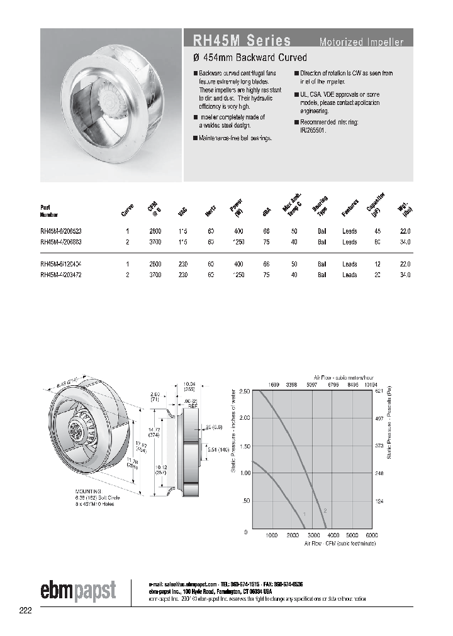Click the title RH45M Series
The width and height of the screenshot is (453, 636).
(x=237, y=41)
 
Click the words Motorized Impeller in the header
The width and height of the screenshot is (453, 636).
(x=361, y=43)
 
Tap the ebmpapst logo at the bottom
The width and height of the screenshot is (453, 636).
(x=79, y=591)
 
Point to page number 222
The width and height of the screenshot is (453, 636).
(x=25, y=610)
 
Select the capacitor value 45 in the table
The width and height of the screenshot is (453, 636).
(x=377, y=231)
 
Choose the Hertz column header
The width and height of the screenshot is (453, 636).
(x=210, y=211)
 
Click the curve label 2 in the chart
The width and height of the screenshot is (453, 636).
(x=325, y=511)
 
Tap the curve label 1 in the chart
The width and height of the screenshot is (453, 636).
(x=305, y=515)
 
